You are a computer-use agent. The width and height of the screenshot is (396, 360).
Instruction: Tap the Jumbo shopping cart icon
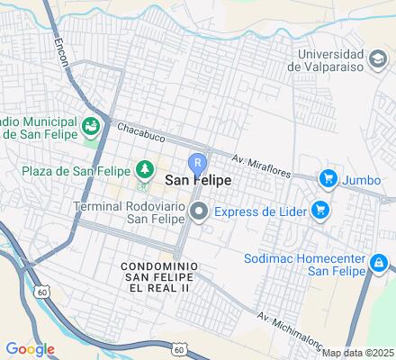(x=328, y=178)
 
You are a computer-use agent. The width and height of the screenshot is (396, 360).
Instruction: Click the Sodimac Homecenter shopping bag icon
(x=380, y=263)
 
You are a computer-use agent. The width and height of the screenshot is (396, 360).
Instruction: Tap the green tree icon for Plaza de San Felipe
(x=142, y=168)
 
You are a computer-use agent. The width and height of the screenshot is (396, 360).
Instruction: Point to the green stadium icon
(x=91, y=126)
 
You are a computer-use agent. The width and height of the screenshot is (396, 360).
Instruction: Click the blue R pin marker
(x=197, y=163)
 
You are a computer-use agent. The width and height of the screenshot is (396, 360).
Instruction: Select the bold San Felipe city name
(x=197, y=181)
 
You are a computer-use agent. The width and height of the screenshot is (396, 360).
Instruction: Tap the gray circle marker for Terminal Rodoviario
(x=199, y=212)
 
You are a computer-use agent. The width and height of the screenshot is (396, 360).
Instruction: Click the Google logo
(x=30, y=348)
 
